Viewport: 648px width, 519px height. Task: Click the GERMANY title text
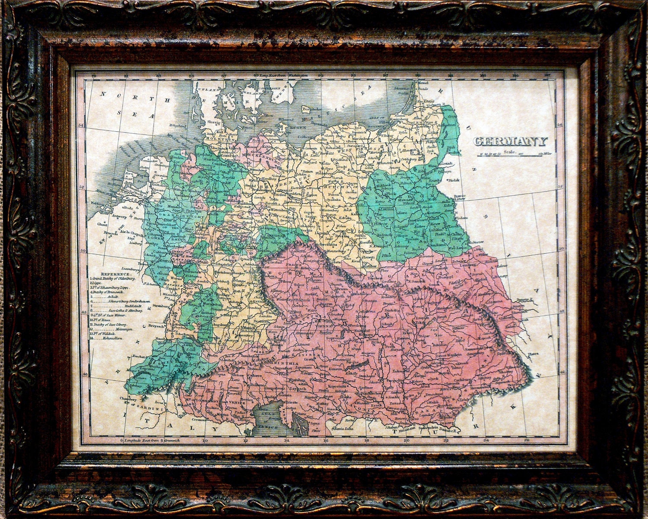point(510,141)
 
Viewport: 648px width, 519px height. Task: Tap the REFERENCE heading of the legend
point(115,274)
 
